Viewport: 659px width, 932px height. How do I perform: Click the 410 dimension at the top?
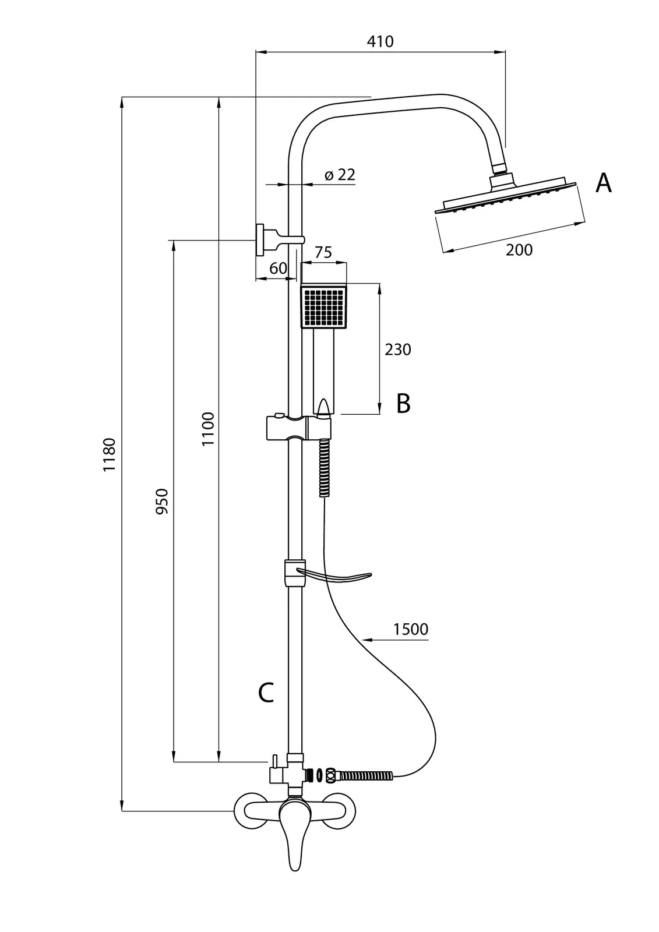click(380, 41)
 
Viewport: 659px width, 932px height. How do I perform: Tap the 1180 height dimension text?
click(110, 454)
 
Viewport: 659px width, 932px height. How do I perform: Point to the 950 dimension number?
click(162, 501)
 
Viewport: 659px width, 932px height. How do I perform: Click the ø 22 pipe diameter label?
click(340, 174)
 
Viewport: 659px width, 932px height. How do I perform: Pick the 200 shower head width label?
click(519, 250)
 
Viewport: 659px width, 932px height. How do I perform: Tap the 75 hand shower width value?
click(323, 252)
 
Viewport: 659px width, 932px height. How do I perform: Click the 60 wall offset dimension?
click(279, 268)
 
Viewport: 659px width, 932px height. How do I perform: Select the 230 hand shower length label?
click(398, 349)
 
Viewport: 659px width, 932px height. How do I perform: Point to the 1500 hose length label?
click(411, 629)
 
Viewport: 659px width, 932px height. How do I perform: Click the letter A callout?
click(604, 183)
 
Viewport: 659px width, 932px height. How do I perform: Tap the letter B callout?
click(403, 403)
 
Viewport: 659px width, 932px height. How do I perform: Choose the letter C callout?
click(266, 693)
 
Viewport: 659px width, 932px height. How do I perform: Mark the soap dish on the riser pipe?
click(332, 576)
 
